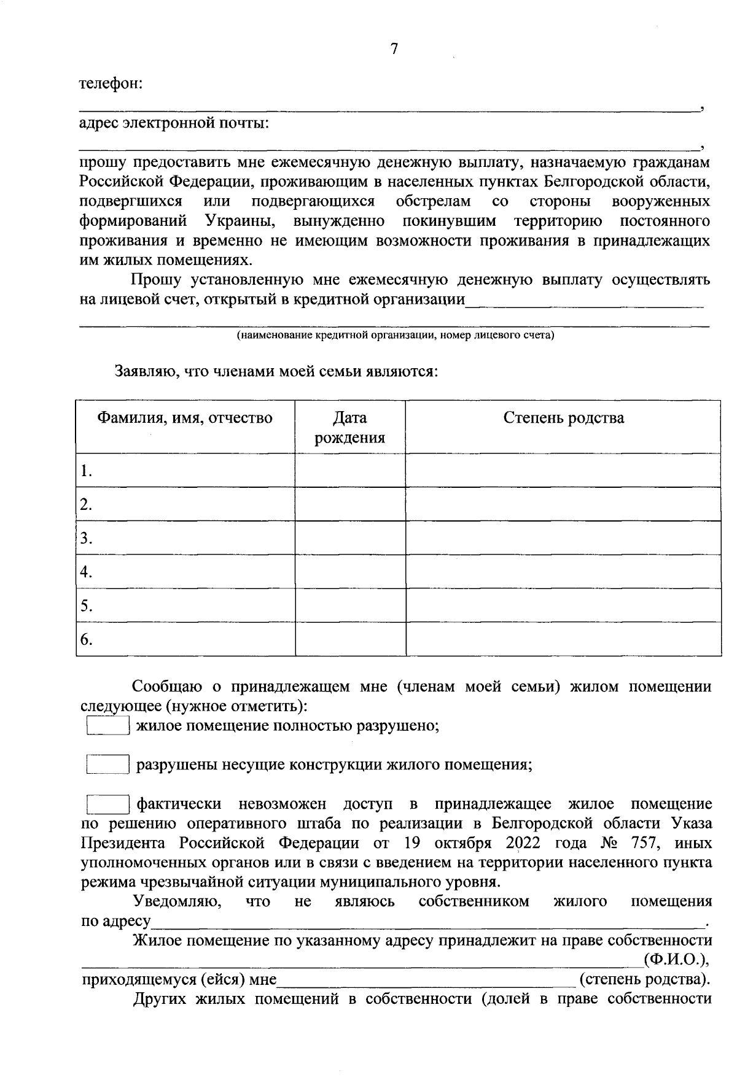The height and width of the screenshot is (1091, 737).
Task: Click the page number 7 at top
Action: point(394,50)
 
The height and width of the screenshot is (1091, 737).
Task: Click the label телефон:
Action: point(111,83)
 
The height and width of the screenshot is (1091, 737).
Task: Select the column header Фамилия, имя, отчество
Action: point(185,418)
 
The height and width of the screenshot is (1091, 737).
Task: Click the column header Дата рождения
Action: point(349,428)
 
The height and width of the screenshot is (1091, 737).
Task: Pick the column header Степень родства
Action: point(563,418)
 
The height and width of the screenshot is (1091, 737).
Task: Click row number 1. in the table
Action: point(87,471)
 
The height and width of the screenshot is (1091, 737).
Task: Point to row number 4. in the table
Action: point(87,572)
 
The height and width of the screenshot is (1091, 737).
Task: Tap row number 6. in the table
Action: point(87,640)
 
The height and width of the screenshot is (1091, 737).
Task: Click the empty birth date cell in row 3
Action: point(349,538)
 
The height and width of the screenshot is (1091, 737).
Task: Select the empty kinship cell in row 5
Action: point(563,606)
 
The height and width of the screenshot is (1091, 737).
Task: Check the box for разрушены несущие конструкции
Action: point(107,765)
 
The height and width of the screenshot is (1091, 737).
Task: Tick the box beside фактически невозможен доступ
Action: point(107,804)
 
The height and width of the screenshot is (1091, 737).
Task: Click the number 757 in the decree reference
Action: point(644,843)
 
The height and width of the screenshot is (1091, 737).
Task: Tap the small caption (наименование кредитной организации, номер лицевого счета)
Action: point(396,336)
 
